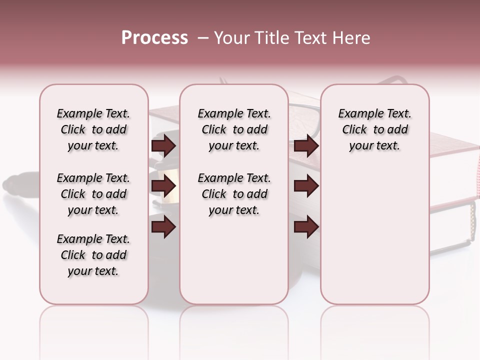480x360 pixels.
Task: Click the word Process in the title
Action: click(x=154, y=38)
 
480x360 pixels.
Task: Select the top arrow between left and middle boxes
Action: click(x=163, y=145)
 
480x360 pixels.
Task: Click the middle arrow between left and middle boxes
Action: click(x=163, y=186)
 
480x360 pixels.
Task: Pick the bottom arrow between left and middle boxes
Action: click(x=163, y=227)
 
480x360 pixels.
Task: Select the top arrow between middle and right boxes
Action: click(x=306, y=145)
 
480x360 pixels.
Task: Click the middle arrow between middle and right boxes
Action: click(x=306, y=186)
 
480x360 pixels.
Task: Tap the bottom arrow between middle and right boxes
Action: click(x=306, y=227)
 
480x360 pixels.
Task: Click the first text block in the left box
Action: click(x=93, y=129)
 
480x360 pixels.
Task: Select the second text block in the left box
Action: click(x=93, y=194)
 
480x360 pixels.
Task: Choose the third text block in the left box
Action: click(x=93, y=255)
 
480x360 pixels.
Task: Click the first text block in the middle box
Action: click(x=234, y=129)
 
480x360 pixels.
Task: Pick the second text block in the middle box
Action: click(x=234, y=194)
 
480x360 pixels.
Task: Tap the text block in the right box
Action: click(x=375, y=129)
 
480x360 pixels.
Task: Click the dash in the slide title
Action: click(x=203, y=38)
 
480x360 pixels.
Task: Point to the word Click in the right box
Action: click(x=354, y=130)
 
